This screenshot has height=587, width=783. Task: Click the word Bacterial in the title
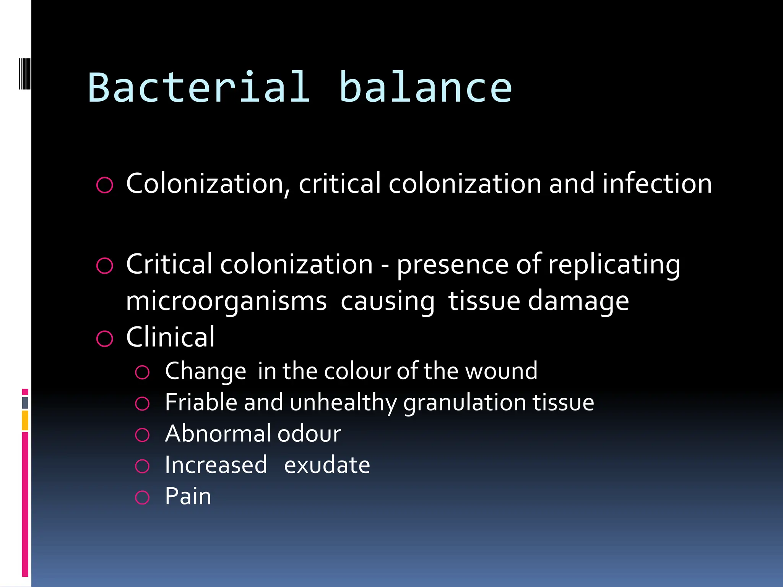[199, 88]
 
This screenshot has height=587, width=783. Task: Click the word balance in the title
[425, 88]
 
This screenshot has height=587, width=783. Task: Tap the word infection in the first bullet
[657, 183]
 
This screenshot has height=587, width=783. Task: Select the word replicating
[614, 264]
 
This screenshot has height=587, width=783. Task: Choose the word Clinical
[171, 337]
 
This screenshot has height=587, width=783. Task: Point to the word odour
[309, 434]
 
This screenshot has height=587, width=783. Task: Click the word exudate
[327, 465]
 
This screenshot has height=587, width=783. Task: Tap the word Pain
[188, 496]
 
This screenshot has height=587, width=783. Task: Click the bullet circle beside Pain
[142, 498]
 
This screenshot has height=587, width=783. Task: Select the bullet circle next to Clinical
[105, 339]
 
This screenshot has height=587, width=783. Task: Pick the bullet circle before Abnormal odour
[142, 435]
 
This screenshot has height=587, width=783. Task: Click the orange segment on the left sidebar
[25, 420]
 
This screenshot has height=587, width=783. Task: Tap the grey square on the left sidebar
[25, 402]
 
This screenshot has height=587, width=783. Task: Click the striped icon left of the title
[24, 74]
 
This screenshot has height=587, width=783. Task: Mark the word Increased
[216, 465]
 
